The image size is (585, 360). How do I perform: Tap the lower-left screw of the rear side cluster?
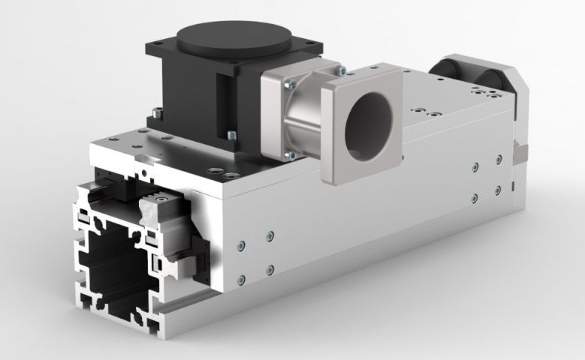point(475,198)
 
